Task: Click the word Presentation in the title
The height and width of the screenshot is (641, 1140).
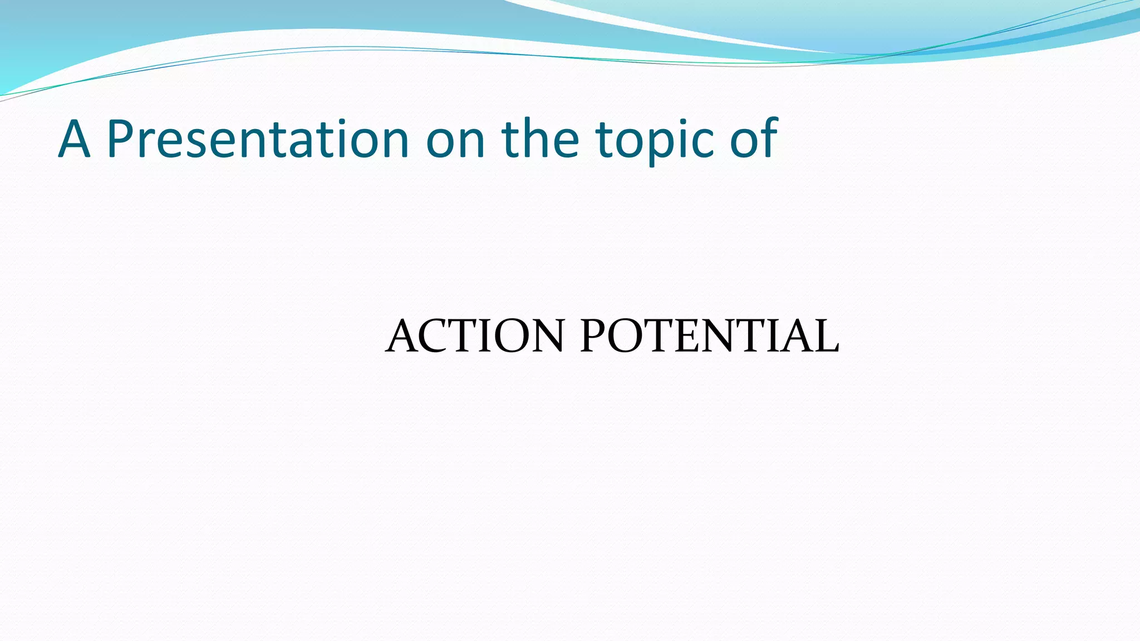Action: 258,139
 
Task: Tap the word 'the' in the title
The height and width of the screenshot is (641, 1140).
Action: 540,139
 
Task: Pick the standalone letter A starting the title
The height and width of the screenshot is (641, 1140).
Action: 74,139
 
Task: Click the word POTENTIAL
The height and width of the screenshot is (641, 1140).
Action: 709,336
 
